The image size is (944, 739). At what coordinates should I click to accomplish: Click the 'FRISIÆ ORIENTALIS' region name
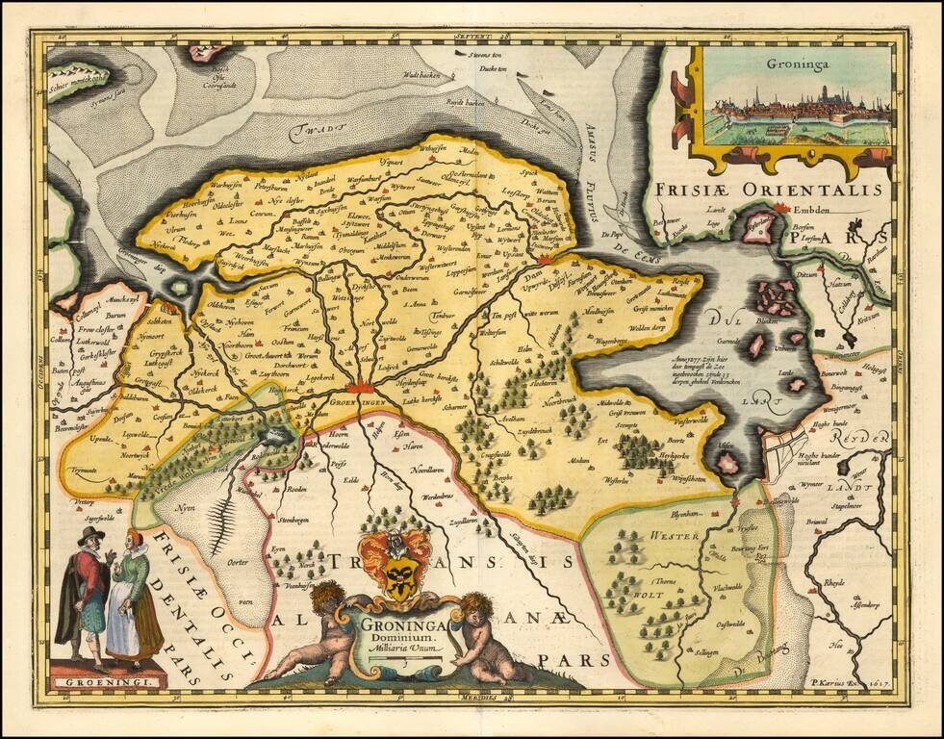coord(765,190)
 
